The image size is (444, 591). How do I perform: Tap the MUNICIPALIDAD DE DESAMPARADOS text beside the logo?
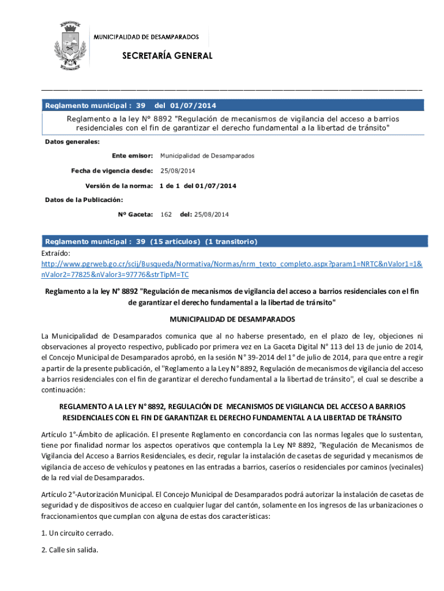[x=146, y=36]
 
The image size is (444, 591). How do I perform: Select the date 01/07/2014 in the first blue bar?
[x=194, y=106]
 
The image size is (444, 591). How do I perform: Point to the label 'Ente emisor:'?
[x=132, y=156]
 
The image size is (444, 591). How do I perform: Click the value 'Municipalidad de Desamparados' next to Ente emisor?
[x=207, y=156]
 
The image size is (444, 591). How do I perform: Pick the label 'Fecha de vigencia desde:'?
[x=112, y=171]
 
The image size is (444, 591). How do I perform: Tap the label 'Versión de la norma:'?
[x=119, y=186]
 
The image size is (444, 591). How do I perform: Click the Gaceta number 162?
[x=166, y=215]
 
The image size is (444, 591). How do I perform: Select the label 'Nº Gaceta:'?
[x=136, y=215]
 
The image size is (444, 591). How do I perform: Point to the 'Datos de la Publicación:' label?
[x=84, y=200]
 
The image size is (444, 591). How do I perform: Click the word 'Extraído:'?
[x=56, y=253]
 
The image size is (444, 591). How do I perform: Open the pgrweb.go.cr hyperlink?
[x=231, y=264]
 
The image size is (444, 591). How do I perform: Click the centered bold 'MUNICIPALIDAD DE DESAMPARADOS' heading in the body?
[x=232, y=319]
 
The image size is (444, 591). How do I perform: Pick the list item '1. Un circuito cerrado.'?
[x=77, y=533]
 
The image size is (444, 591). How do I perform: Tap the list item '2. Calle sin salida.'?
[x=70, y=550]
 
